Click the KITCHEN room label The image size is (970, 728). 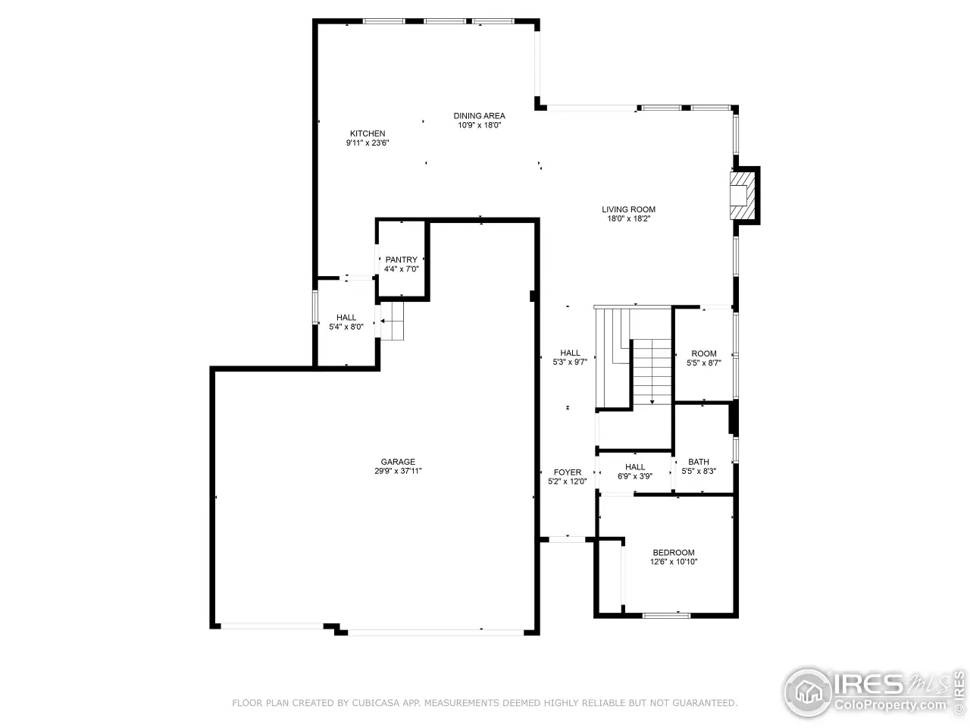(x=368, y=133)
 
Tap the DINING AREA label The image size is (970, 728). (x=479, y=116)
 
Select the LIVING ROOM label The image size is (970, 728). (x=628, y=209)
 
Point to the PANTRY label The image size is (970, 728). (x=401, y=259)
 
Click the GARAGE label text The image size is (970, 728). (x=398, y=462)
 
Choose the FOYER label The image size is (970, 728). (x=568, y=472)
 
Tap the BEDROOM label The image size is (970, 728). (x=674, y=553)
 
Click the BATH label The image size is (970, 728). (x=698, y=462)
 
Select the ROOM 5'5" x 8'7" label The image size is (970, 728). (x=703, y=358)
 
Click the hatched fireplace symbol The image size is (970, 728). (x=742, y=196)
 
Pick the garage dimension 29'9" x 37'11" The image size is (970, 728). (x=398, y=471)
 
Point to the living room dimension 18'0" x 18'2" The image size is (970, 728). (x=628, y=219)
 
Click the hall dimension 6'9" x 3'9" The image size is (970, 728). (x=634, y=476)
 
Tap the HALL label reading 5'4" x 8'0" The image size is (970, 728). (x=346, y=322)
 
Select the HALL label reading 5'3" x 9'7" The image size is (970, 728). (x=570, y=358)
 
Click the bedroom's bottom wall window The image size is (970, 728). (x=666, y=615)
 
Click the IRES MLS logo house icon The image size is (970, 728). (x=809, y=692)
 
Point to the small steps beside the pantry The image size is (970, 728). (x=392, y=321)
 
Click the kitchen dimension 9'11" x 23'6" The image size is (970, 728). (x=368, y=143)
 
